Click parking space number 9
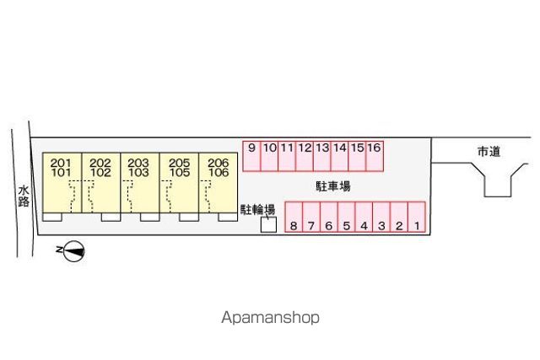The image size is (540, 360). point(251,156)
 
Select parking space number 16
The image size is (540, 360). point(375,156)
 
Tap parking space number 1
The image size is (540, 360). point(417,217)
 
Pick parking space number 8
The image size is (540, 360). point(294,217)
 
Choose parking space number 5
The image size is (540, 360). point(347,217)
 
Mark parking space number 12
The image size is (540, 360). point(305,156)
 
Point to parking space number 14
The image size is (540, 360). point(339,156)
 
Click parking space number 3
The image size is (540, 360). point(381,217)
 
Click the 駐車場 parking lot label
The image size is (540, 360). point(333,186)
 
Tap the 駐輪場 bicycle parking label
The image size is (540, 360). point(257,209)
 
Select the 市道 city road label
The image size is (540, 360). point(489,152)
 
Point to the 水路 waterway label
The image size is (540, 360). point(24,196)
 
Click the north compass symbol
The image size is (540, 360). point(73,251)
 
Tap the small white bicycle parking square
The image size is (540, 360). point(268,225)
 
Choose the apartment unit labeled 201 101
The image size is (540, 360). point(62,183)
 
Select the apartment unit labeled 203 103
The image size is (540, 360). point(140,183)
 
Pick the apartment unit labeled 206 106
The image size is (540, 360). point(218,183)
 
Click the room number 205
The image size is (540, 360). point(180,163)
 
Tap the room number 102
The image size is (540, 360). point(100,173)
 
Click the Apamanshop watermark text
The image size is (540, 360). point(270,317)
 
